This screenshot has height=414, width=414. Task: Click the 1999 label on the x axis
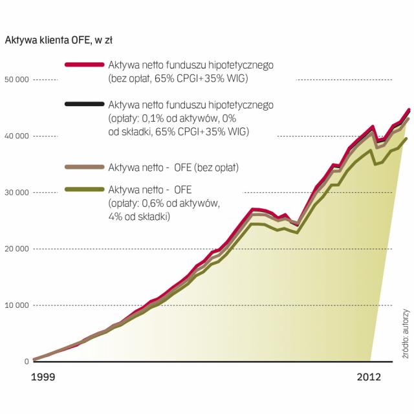coord(45,376)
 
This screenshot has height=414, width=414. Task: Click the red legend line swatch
coord(85,65)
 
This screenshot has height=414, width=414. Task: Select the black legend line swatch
coord(85,104)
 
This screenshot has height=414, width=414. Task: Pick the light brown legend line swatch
coord(85,168)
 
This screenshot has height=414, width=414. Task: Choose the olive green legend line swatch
coord(85,189)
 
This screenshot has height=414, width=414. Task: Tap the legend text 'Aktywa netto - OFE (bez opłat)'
coord(174,168)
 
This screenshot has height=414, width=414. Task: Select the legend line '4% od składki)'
coord(139,217)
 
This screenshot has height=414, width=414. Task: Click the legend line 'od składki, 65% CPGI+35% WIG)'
coord(179,132)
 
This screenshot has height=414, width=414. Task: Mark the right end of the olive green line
coord(407,138)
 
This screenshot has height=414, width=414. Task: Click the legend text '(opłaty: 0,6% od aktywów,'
coord(165,203)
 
